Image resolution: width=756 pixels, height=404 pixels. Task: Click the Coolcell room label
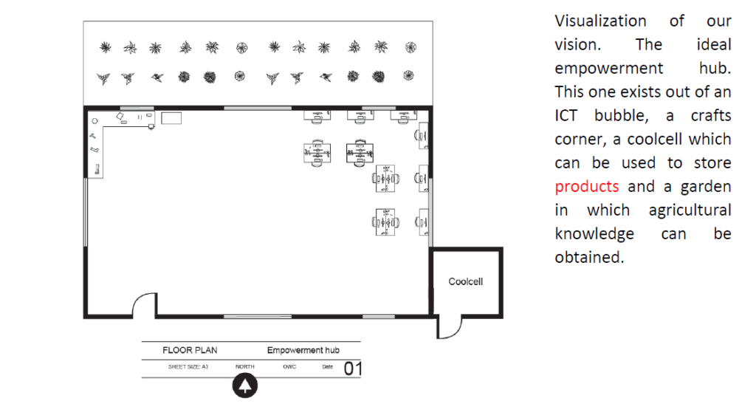pos(465,281)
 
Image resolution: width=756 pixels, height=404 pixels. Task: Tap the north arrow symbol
pos(245,386)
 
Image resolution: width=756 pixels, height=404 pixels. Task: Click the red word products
pos(586,187)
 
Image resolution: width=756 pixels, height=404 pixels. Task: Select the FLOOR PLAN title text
pos(190,350)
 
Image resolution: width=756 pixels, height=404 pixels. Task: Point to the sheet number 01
pos(352,369)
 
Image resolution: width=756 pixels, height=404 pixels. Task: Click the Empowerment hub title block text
pos(303,350)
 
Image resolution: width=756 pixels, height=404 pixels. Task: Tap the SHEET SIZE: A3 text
pos(188,367)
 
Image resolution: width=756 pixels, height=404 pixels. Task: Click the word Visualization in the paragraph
pos(600,21)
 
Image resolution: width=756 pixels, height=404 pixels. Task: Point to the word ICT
pos(566,116)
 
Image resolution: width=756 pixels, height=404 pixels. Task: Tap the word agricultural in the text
pos(690,210)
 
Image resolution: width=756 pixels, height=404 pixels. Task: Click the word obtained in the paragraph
pos(589,258)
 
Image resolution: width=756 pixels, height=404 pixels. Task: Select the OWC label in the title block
pos(289,367)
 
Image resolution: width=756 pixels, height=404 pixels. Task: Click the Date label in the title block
pos(327,367)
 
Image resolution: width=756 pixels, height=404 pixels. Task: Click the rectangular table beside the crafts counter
pos(171,118)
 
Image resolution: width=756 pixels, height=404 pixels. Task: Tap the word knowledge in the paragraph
pos(594,234)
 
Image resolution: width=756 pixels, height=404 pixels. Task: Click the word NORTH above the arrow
pos(245,367)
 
